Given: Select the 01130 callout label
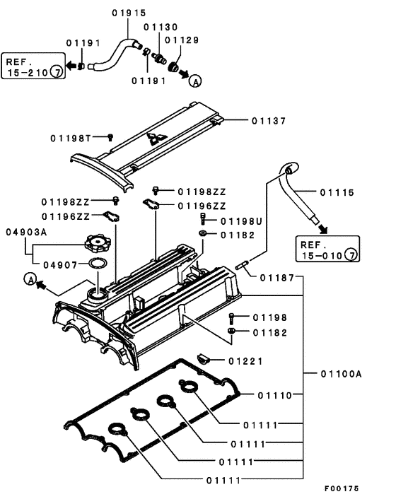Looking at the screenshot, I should pos(161,26).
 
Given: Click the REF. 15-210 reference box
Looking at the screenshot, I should pos(33,66).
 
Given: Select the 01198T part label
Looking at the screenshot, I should pos(71,137).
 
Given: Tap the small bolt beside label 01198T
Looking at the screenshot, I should pos(110,137).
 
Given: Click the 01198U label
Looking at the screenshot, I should pos(241,221).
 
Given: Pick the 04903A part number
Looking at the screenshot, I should pos(28,231).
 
